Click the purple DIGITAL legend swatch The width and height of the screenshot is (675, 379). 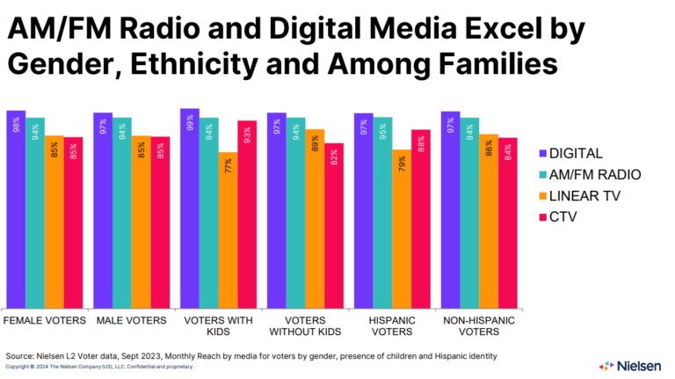click(543, 153)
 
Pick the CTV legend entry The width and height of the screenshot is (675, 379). click(564, 216)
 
